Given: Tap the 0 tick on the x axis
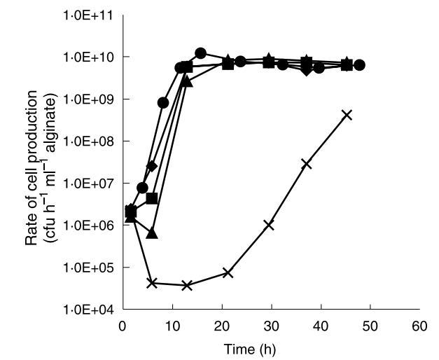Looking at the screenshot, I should tap(123, 326).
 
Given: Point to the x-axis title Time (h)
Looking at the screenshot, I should tap(270, 348).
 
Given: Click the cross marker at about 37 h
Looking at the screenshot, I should tap(306, 164).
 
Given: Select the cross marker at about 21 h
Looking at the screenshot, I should tap(228, 272).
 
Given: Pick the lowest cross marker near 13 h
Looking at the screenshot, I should tap(187, 285).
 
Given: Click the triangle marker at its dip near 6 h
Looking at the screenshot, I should tap(153, 233).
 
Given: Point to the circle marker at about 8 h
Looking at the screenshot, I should tap(163, 103).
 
